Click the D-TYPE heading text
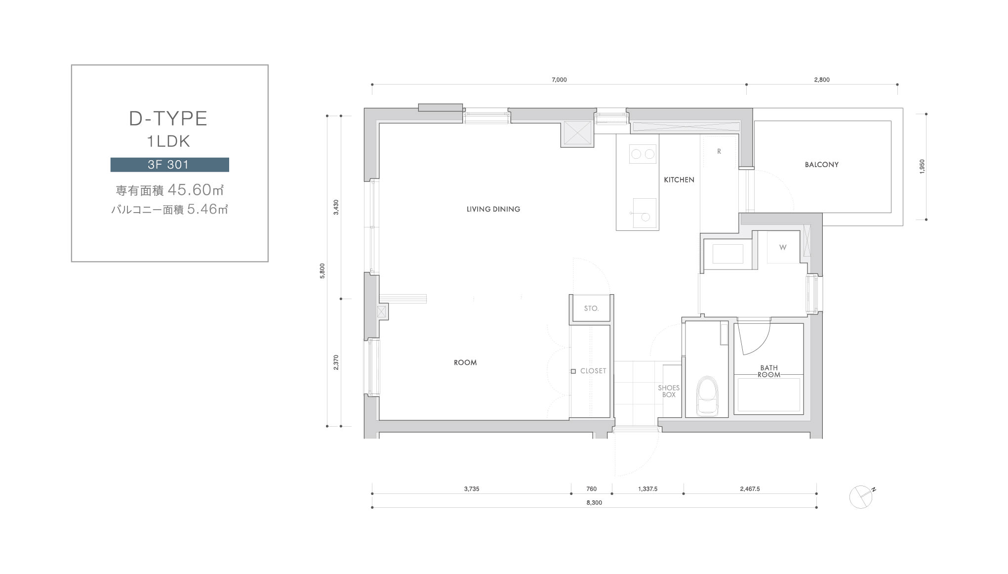pos(168,119)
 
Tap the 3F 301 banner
pos(169,165)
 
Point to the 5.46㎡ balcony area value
pos(207,209)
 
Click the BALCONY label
pos(822,165)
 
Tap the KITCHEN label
pos(679,180)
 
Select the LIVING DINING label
pos(493,209)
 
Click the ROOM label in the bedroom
pos(465,362)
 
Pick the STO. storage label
pos(591,309)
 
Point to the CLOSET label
pos(593,371)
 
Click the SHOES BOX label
pos(669,391)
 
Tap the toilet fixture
pos(707,396)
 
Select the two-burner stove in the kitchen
pos(643,154)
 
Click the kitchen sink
pos(645,214)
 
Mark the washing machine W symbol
pos(783,247)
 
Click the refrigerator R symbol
pos(719,151)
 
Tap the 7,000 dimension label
pos(559,80)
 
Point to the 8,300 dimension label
pos(594,503)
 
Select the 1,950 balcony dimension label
pos(922,167)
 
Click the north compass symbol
pos(861,497)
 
